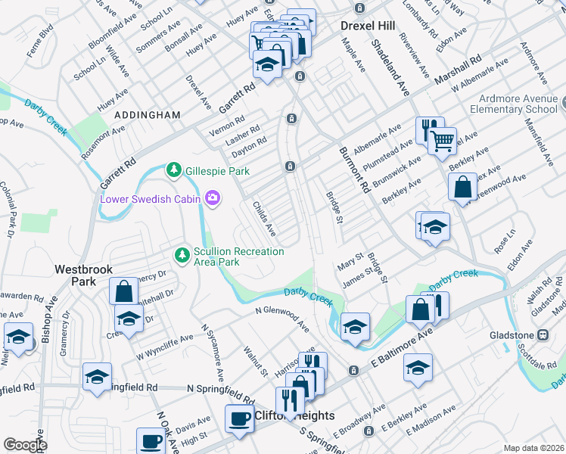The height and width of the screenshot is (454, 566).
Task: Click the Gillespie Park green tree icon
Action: [x=174, y=169]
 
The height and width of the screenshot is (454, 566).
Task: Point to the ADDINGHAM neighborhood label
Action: [x=148, y=115]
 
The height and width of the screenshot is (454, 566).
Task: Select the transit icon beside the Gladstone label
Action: [x=543, y=334]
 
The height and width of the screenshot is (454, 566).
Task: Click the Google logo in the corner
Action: [x=25, y=444]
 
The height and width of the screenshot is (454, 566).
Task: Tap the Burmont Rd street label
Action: [x=353, y=171]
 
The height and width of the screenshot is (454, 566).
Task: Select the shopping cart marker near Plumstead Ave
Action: [x=442, y=140]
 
